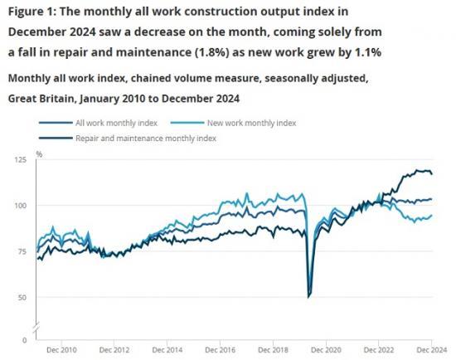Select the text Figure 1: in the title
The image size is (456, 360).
34,12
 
